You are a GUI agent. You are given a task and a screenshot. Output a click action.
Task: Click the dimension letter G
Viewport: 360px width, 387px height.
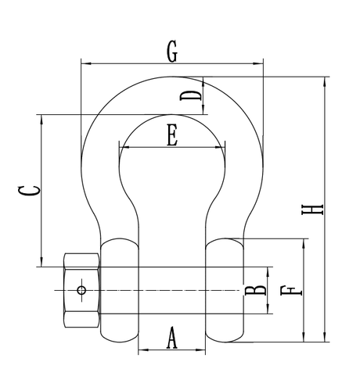point(172,52)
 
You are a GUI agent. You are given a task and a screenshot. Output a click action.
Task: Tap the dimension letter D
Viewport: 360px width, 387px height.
point(191,95)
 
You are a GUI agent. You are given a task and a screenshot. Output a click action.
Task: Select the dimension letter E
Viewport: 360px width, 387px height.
point(172,135)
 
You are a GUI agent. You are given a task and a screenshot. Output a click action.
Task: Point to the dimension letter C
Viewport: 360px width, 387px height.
point(29,191)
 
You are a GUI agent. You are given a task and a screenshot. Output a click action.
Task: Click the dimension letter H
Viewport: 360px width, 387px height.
point(312,210)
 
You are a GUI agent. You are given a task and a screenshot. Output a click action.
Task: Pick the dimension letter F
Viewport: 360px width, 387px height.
point(291,291)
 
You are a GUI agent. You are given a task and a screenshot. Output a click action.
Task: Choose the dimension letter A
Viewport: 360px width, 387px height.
point(172,338)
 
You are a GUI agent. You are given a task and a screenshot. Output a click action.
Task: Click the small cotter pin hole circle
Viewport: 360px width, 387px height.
point(81,290)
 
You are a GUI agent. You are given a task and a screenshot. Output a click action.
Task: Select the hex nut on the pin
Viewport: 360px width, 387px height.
point(81,290)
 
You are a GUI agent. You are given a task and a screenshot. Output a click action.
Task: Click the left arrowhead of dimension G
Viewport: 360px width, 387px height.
point(86,63)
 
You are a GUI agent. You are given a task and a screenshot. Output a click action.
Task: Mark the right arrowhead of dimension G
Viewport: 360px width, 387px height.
point(258,63)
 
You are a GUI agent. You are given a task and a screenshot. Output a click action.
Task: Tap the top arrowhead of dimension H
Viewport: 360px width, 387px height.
point(325,81)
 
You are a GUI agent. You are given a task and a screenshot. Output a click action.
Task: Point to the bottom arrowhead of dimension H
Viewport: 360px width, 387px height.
point(325,337)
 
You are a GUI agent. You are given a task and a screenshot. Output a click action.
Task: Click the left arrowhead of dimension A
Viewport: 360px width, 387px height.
point(143,349)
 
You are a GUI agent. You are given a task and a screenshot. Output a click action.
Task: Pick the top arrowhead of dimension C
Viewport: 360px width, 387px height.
point(41,120)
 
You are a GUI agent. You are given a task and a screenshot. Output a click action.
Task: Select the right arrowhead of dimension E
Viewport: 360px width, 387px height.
point(220,147)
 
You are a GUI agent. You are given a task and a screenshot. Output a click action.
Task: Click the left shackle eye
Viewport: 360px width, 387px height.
point(120,290)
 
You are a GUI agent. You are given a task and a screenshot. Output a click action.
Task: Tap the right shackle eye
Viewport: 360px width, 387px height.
point(225,290)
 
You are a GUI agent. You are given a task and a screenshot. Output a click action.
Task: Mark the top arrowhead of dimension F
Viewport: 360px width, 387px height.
point(304,243)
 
